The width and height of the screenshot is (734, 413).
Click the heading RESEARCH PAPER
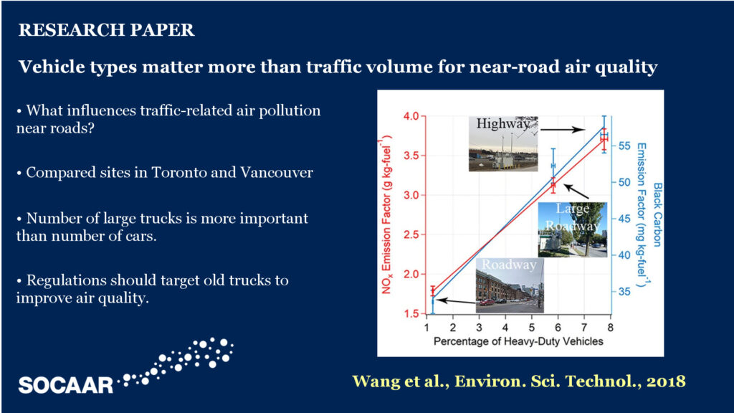pos(106,30)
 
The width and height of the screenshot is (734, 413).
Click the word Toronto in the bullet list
pos(178,172)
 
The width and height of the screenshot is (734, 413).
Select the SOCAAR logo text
pos(66,385)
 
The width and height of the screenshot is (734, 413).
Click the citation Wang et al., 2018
pos(519,381)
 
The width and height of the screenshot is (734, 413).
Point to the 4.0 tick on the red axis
pos(411,116)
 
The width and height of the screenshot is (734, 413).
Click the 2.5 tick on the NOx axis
pos(411,234)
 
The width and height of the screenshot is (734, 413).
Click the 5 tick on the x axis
pos(531,328)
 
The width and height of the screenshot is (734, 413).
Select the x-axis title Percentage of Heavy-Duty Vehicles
pos(518,341)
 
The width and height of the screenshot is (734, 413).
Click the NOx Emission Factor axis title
pos(386,214)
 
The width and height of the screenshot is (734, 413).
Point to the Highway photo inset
pos(503,143)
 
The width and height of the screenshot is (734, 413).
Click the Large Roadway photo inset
pos(573,230)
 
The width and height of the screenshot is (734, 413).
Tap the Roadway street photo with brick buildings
pos(510,285)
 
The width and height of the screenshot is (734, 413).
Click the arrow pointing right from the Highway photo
pos(563,129)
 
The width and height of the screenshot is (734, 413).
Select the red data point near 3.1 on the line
pos(553,186)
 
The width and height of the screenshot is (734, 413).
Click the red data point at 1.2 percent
pos(433,291)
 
